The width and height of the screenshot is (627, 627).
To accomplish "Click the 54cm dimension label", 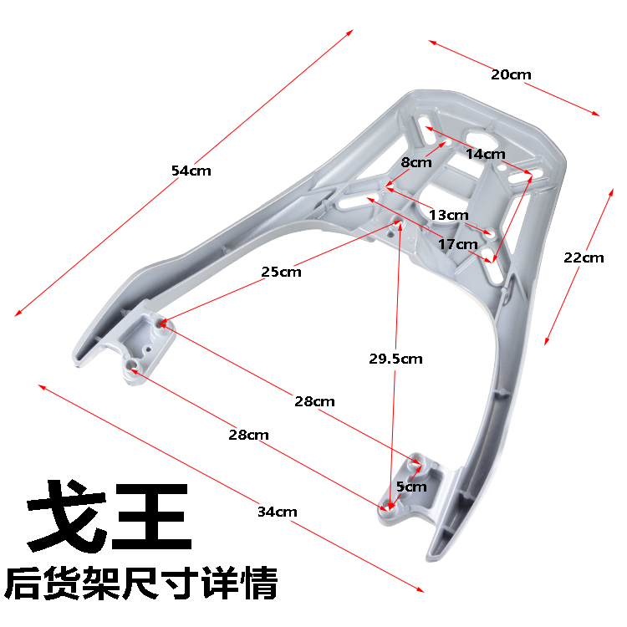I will (191, 171).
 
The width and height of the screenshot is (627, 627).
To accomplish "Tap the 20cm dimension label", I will (511, 74).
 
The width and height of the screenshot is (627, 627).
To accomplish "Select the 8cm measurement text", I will (415, 162).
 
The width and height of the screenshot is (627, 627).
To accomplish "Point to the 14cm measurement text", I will (486, 154).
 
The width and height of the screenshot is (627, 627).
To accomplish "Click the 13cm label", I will (448, 215).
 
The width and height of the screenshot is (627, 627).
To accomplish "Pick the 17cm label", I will (457, 244).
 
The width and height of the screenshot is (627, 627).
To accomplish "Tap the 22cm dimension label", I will (583, 257).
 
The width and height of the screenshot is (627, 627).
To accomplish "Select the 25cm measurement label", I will (281, 272).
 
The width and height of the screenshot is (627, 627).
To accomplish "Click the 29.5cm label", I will (395, 359).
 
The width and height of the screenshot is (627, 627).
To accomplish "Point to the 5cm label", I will (411, 487).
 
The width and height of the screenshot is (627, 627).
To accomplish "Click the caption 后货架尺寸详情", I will (141, 584).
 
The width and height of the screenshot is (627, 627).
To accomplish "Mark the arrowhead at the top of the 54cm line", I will (350, 33).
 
